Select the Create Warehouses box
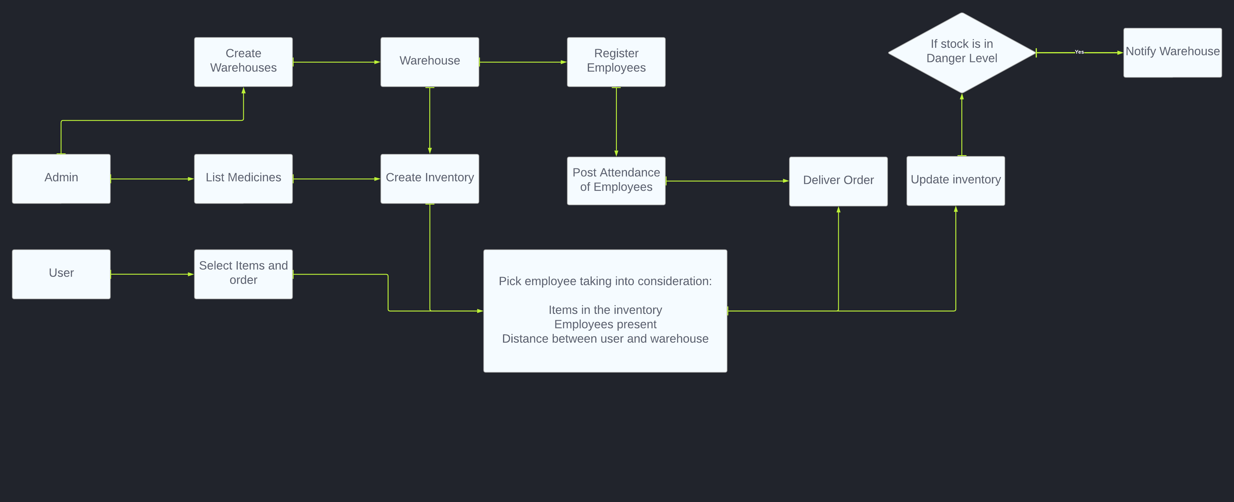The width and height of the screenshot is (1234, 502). (x=243, y=62)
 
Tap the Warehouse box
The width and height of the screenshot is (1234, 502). (x=430, y=62)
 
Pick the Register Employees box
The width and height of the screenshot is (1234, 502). (x=616, y=62)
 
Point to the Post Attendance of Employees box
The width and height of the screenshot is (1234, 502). (x=616, y=181)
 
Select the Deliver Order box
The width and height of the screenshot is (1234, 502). (x=838, y=181)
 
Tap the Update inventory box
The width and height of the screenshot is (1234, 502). (x=956, y=181)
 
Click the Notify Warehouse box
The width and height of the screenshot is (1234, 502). (x=1172, y=52)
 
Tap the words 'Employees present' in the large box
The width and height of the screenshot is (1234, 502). (x=605, y=324)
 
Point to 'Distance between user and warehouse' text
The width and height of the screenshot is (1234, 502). (x=605, y=339)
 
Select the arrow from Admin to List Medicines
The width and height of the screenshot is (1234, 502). (x=152, y=179)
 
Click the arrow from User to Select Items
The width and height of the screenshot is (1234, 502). (x=152, y=274)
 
